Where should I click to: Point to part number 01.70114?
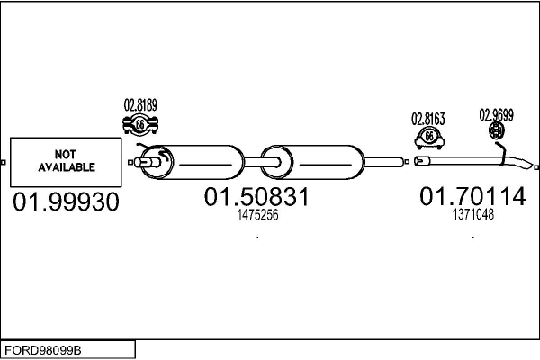click(x=472, y=196)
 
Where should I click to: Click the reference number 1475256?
click(x=256, y=216)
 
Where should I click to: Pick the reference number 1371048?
click(x=472, y=214)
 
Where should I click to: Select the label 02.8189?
click(x=140, y=105)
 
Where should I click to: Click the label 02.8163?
click(x=428, y=118)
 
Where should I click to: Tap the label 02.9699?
click(x=496, y=114)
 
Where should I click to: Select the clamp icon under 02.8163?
click(x=429, y=137)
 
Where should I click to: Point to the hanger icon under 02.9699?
click(x=496, y=132)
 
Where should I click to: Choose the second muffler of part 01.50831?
click(x=325, y=163)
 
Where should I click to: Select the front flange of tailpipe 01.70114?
click(x=420, y=161)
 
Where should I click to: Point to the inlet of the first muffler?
click(x=148, y=162)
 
